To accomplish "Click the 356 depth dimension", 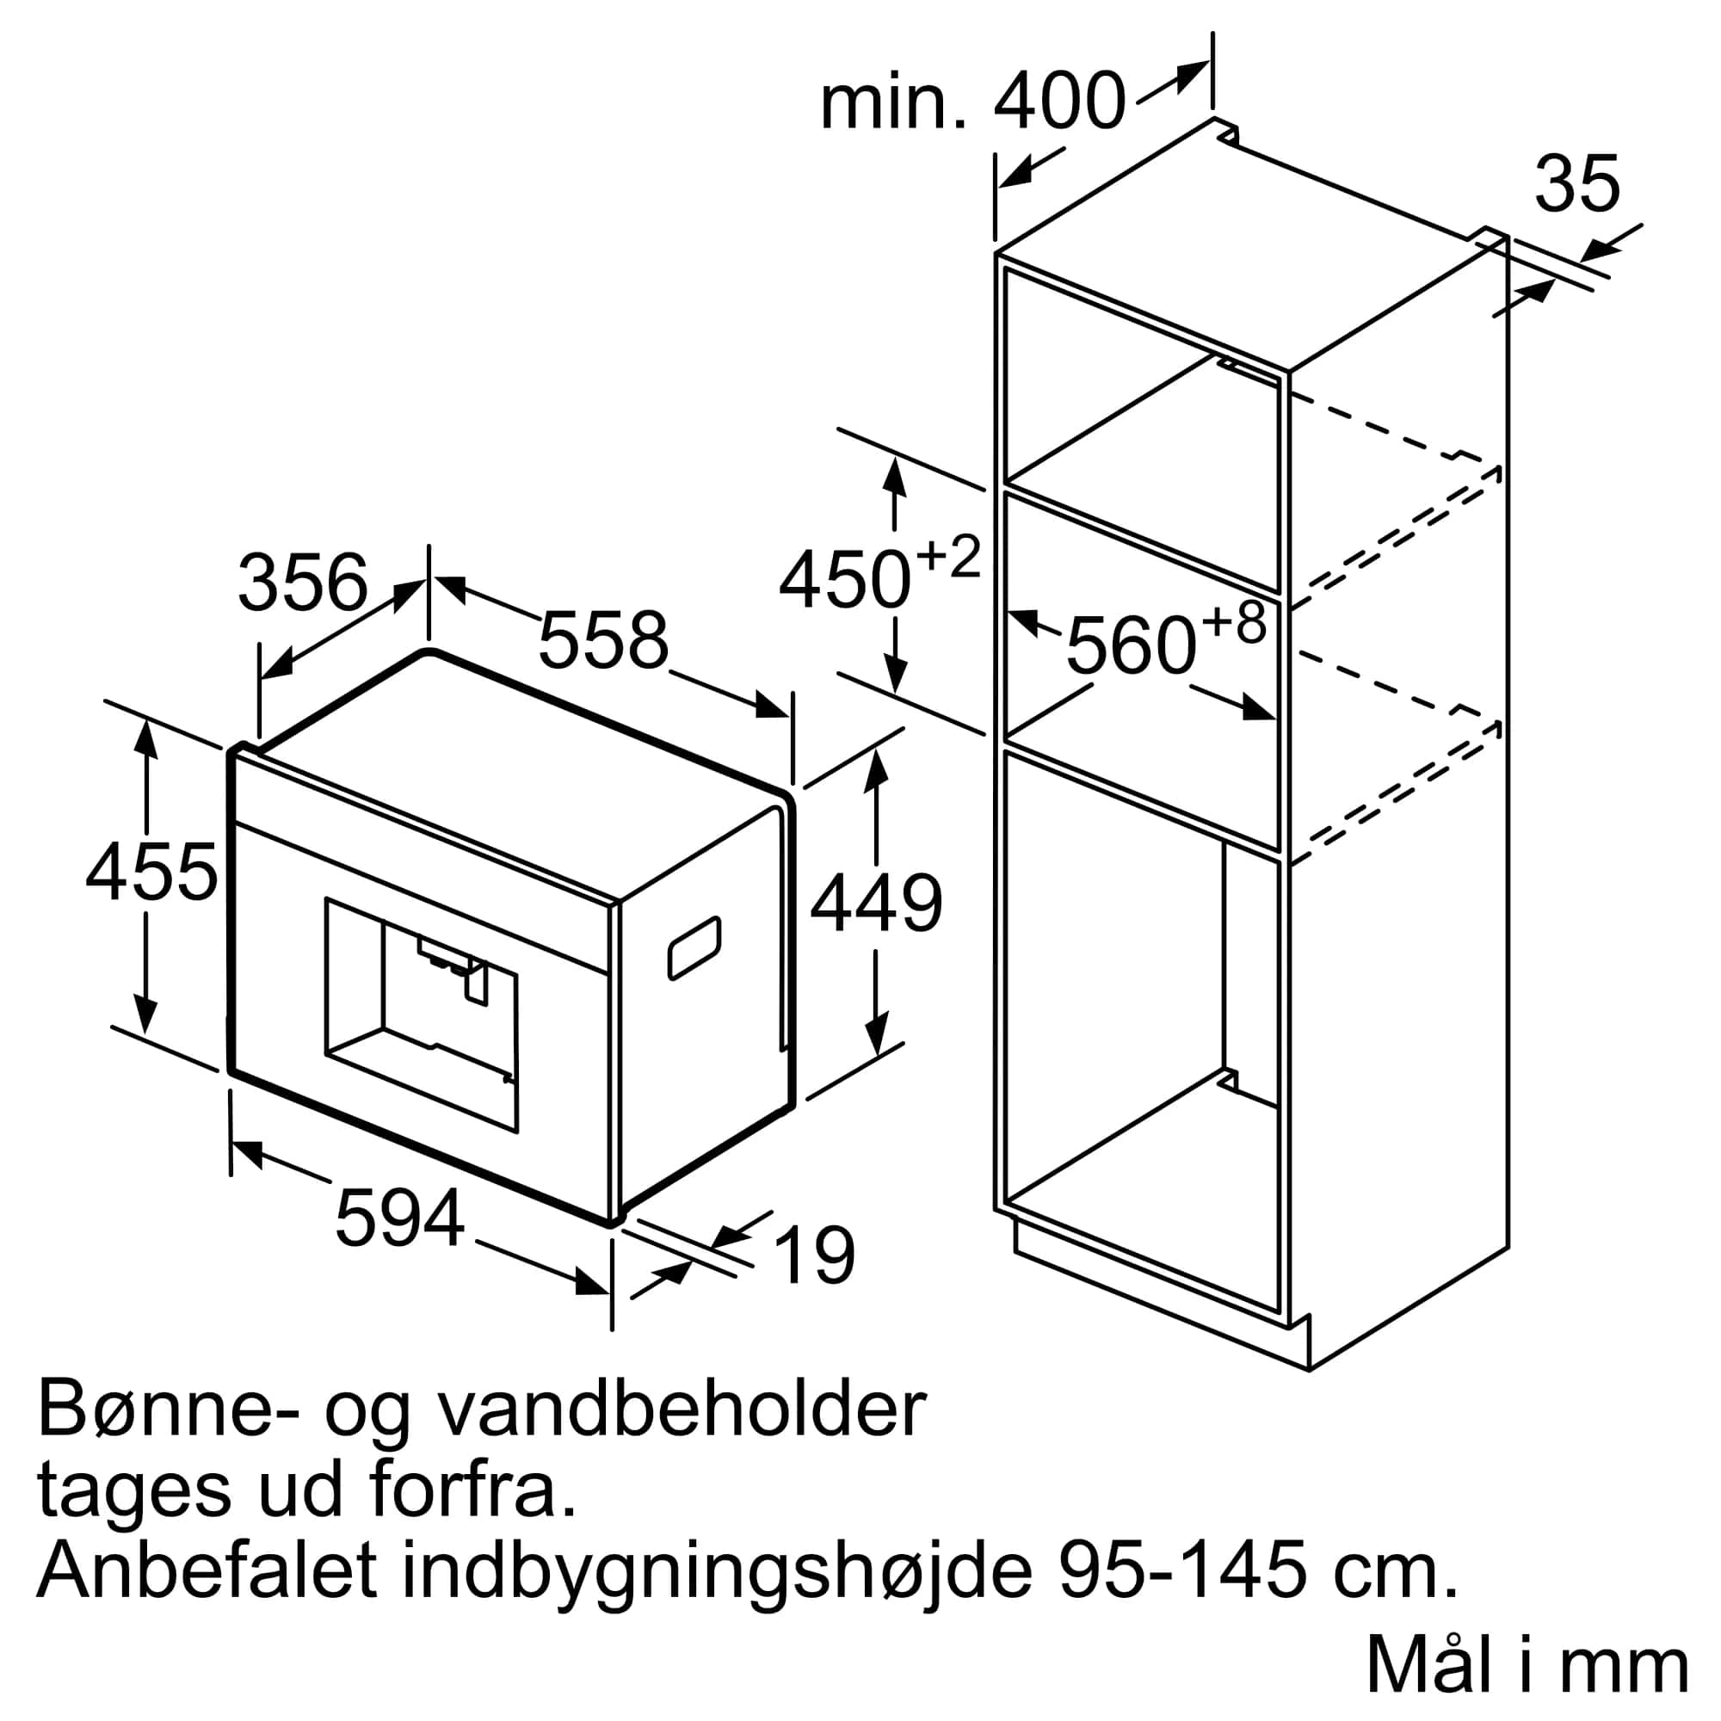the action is [303, 583].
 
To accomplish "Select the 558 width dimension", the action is [603, 639].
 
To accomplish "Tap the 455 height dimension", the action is [151, 872].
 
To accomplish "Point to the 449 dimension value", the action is [877, 904].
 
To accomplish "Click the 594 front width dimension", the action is [400, 1218].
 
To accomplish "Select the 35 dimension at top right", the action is [1577, 184].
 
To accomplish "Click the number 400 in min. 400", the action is [1060, 102].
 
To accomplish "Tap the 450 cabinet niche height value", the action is [845, 580].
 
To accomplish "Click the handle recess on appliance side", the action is [694, 947].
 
